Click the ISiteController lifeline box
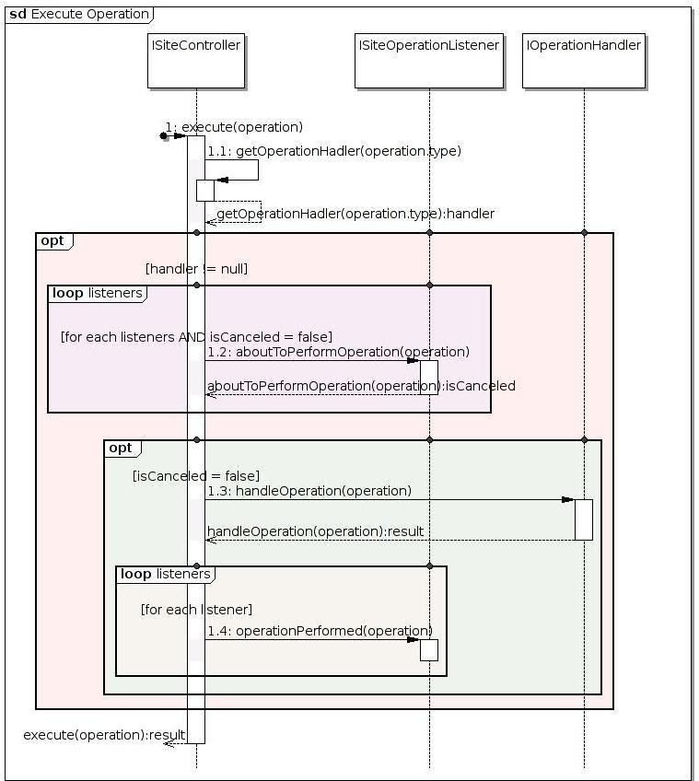pyautogui.click(x=195, y=61)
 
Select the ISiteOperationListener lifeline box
pyautogui.click(x=428, y=61)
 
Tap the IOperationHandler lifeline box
pyautogui.click(x=583, y=61)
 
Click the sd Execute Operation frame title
pyautogui.click(x=79, y=14)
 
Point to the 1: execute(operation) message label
pyautogui.click(x=234, y=127)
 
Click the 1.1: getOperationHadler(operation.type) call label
pyautogui.click(x=334, y=150)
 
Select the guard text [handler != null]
pyautogui.click(x=196, y=269)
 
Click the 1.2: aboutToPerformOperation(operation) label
pyautogui.click(x=338, y=352)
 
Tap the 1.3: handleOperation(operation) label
pyautogui.click(x=309, y=491)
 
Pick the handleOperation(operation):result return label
pyautogui.click(x=315, y=531)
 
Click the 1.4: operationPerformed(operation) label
pyautogui.click(x=320, y=631)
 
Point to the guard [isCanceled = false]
pyautogui.click(x=196, y=475)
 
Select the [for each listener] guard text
pyautogui.click(x=196, y=610)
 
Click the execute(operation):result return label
pyautogui.click(x=104, y=734)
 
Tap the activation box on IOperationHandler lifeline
pyautogui.click(x=584, y=519)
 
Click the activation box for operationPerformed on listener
pyautogui.click(x=428, y=649)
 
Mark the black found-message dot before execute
pyautogui.click(x=164, y=136)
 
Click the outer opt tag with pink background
pyautogui.click(x=53, y=240)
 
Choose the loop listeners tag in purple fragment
pyautogui.click(x=97, y=293)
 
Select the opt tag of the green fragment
pyautogui.click(x=121, y=448)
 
